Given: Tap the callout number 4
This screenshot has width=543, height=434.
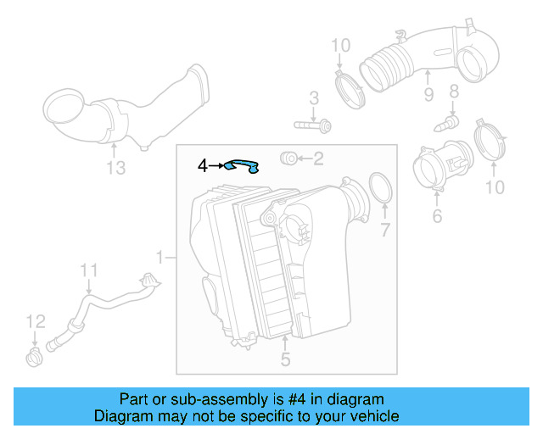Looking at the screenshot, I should click(x=202, y=165).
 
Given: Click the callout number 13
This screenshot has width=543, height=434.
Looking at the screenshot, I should click(x=116, y=168).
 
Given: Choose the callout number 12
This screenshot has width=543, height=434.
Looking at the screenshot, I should click(x=34, y=321).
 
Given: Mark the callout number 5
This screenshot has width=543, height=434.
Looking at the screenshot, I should click(x=285, y=359).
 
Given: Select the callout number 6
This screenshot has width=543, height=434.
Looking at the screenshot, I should click(x=437, y=217).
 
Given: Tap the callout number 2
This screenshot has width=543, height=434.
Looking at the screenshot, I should click(x=318, y=158).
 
